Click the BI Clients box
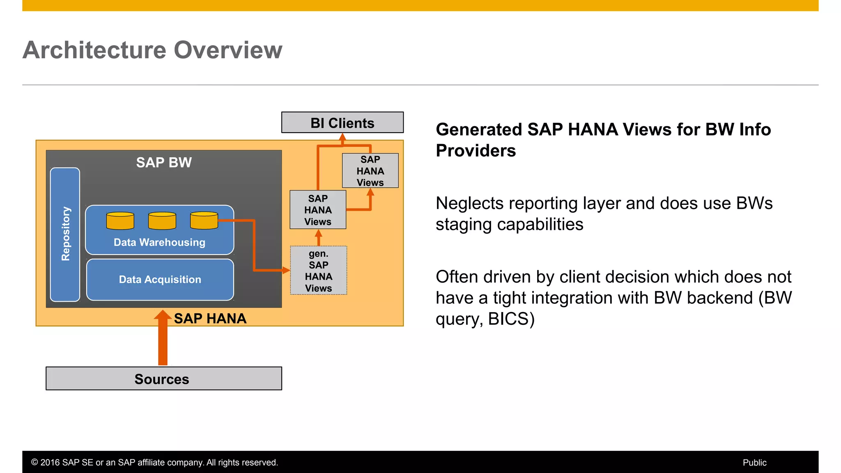[x=342, y=122]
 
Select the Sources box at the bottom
[x=163, y=379]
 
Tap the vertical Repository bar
[x=65, y=234]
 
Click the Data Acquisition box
[x=160, y=280]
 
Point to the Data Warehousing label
[x=159, y=242]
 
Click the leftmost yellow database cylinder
[x=120, y=220]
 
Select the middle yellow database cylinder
[x=162, y=220]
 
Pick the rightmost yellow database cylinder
[x=204, y=220]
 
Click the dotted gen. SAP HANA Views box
[x=319, y=271]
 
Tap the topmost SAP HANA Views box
[x=370, y=171]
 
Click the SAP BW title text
[x=164, y=162]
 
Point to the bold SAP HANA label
[x=210, y=318]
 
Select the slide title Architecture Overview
[x=152, y=50]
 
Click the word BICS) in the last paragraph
[x=511, y=319]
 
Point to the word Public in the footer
[x=754, y=462]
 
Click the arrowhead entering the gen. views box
[x=286, y=270]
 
